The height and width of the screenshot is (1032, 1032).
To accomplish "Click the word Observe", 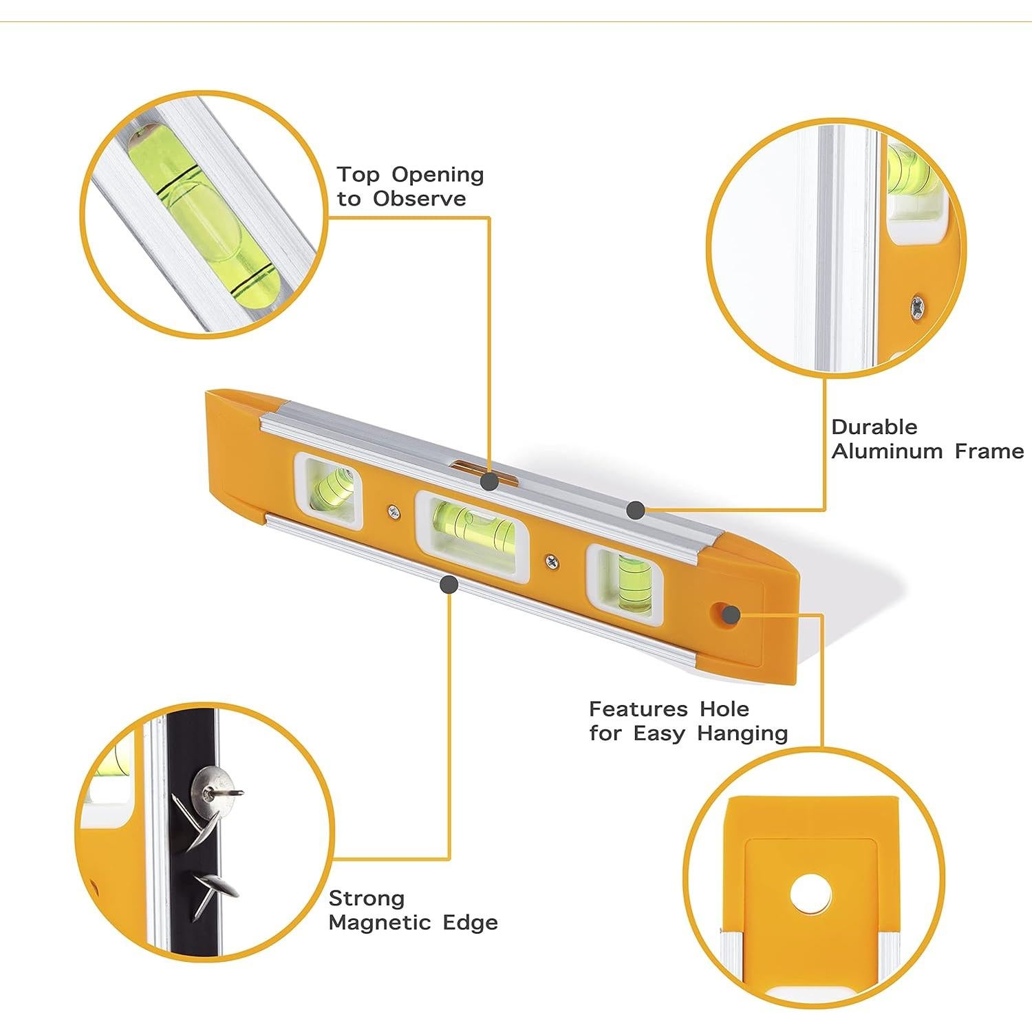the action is click(x=420, y=199).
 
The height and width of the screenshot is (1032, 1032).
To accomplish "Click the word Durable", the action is click(x=874, y=427).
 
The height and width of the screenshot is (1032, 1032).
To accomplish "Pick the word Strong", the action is click(x=367, y=899).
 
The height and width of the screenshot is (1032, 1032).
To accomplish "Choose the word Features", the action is click(x=638, y=709).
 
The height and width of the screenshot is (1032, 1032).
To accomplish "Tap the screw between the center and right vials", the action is click(x=551, y=561).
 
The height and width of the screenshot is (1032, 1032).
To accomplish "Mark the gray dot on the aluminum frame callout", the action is click(x=636, y=510).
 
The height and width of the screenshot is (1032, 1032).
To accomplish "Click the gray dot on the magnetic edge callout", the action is click(x=449, y=585).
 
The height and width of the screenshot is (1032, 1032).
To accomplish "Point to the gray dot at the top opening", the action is click(x=489, y=481).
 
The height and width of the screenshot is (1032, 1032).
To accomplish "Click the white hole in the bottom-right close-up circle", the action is click(x=810, y=895).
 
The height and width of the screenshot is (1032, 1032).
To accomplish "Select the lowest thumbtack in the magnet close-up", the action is click(x=213, y=892).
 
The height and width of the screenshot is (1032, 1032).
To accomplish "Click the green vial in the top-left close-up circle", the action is click(x=203, y=213).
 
